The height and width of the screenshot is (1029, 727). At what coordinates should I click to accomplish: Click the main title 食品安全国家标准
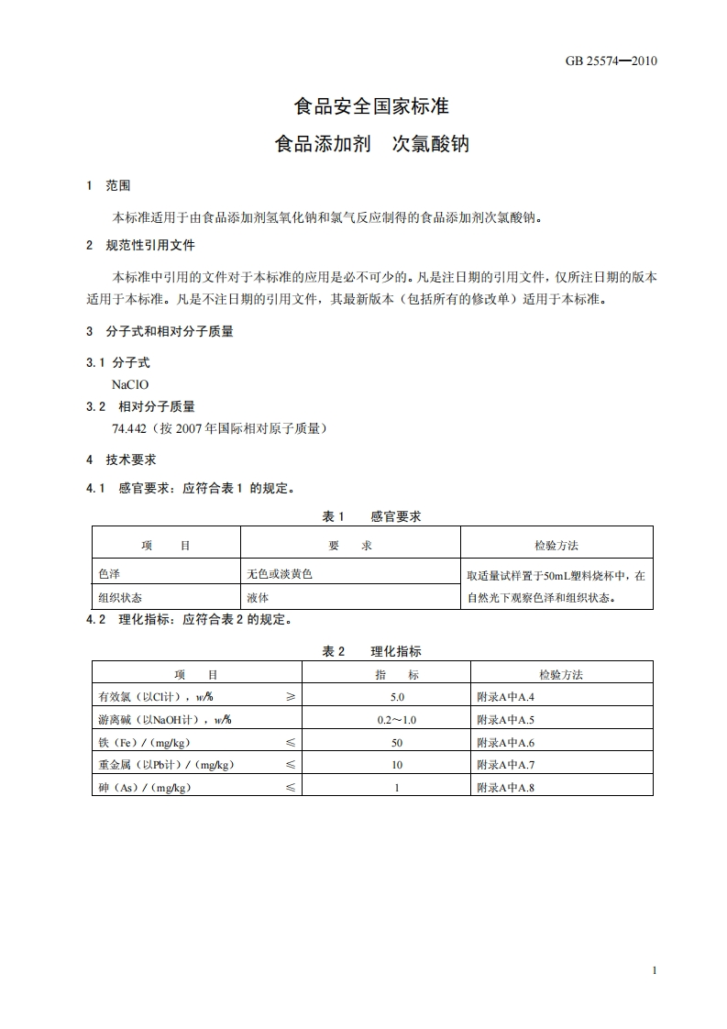coord(371,106)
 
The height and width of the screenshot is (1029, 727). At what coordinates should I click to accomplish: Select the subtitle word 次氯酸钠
coord(431,144)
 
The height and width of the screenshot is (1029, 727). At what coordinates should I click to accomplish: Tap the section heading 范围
coord(118,185)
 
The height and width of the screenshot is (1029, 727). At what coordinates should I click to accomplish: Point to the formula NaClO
coord(130,385)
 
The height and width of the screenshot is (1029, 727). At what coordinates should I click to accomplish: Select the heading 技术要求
coord(131,459)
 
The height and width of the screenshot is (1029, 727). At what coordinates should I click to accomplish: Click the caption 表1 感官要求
coord(371,517)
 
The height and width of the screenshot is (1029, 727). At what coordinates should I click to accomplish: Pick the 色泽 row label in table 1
coord(109,574)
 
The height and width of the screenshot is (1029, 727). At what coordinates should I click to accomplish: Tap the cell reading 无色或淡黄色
coord(280,574)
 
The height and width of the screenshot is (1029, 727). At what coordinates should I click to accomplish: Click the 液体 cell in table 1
coord(258,597)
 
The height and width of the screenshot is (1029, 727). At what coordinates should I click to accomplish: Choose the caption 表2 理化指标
coord(371,651)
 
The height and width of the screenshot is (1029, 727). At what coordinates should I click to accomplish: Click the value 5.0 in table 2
coord(397,697)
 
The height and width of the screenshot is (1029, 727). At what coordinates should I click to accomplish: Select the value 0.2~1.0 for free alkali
coord(397,720)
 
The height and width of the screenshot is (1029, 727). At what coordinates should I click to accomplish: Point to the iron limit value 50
coord(397,742)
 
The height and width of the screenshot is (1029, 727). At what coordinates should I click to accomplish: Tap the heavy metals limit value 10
coord(397,765)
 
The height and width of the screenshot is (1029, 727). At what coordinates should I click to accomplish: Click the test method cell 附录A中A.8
coord(505,787)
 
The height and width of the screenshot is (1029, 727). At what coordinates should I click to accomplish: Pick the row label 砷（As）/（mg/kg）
coord(145,788)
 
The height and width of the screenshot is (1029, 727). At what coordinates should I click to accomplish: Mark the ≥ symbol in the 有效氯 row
coord(290,697)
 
